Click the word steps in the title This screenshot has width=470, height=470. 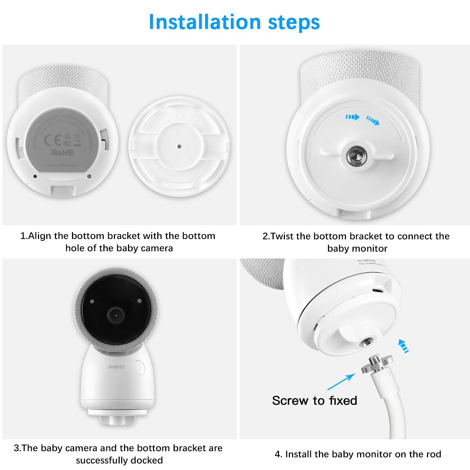pyautogui.click(x=294, y=22)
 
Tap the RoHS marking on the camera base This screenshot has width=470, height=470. pyautogui.click(x=63, y=153)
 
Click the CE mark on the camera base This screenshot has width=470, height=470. pyautogui.click(x=51, y=140)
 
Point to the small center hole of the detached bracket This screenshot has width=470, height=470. pyautogui.click(x=179, y=147)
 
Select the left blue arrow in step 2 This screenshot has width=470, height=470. pyautogui.click(x=352, y=117)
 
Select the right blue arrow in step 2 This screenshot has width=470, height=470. pyautogui.click(x=373, y=120)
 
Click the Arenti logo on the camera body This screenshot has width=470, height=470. pyautogui.click(x=116, y=367)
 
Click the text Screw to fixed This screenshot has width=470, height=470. pyautogui.click(x=315, y=401)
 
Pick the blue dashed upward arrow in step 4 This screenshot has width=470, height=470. pyautogui.click(x=403, y=346)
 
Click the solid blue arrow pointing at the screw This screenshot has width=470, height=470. pyautogui.click(x=341, y=381)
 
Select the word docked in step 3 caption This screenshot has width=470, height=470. pyautogui.click(x=147, y=460)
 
